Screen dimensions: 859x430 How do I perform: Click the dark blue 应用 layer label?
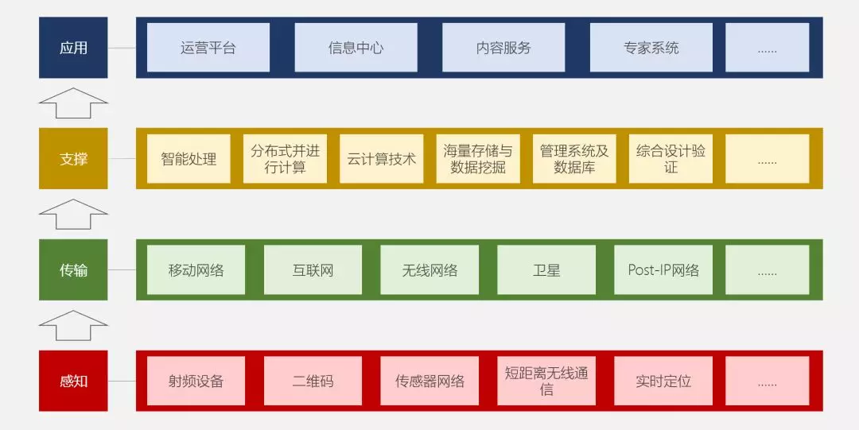tap(73, 48)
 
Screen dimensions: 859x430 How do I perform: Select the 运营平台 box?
tap(208, 48)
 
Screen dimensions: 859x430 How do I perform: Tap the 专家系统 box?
tap(651, 48)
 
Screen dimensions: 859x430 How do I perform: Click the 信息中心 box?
tap(356, 48)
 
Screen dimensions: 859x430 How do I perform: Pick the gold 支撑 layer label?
tap(73, 159)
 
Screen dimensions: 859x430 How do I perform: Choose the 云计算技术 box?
tap(381, 159)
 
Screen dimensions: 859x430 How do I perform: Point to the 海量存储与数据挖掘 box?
tap(478, 159)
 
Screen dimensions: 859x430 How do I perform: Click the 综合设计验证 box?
tap(670, 159)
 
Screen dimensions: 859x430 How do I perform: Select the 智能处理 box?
tap(189, 159)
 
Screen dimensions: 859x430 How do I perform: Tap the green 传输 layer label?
tap(73, 270)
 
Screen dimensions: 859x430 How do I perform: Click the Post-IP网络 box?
tap(663, 270)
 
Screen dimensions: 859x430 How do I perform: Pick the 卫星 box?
tap(546, 270)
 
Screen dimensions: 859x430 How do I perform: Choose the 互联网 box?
tap(313, 270)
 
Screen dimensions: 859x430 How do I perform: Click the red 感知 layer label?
tap(73, 382)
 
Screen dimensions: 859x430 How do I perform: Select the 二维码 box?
tap(313, 382)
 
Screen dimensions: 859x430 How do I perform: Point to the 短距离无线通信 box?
tap(546, 382)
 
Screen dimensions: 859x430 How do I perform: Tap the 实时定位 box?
tap(663, 382)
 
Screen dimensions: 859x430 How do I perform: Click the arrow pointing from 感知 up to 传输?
tap(73, 326)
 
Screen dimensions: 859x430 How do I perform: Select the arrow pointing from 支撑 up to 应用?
tap(73, 103)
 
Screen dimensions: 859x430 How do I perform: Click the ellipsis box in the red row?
tap(767, 382)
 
